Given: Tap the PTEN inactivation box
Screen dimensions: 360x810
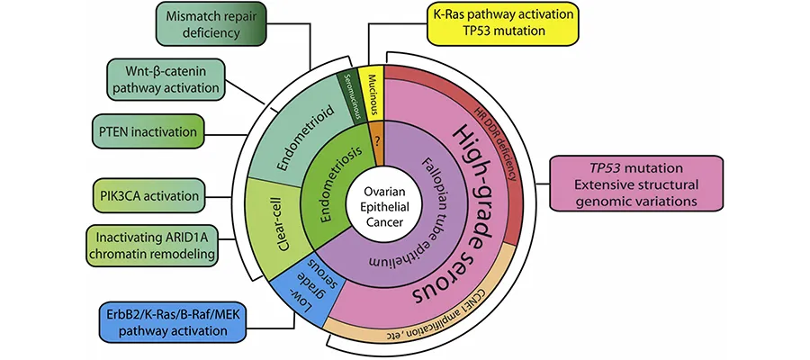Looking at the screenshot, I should tap(144, 131).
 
